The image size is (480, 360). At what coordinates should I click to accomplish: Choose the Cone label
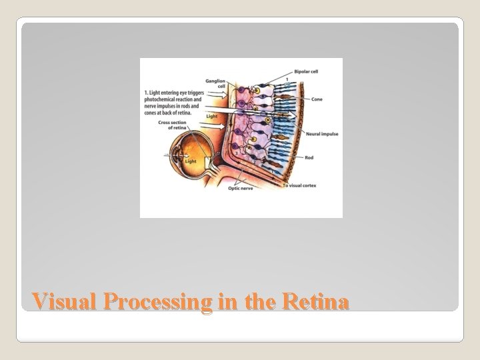click(x=317, y=99)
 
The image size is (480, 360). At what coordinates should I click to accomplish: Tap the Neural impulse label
click(x=321, y=135)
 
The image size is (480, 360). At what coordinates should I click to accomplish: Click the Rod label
click(x=309, y=158)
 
